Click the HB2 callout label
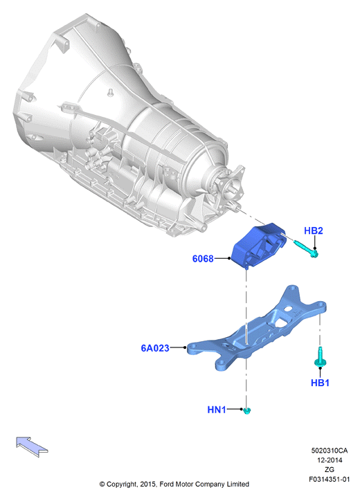click(x=313, y=230)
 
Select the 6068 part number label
click(x=203, y=258)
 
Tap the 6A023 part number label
click(x=155, y=348)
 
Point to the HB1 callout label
click(x=320, y=383)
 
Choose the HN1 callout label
click(x=217, y=409)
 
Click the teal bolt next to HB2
click(x=306, y=249)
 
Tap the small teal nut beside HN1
click(x=247, y=410)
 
